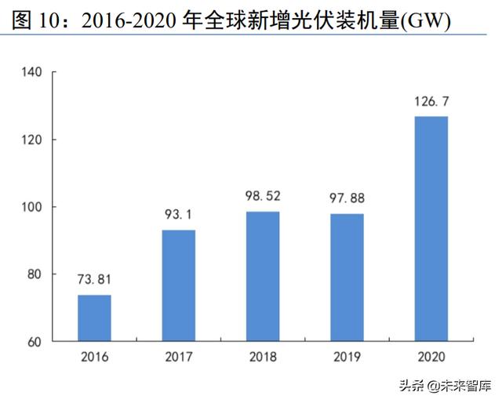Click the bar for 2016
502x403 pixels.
pos(94,318)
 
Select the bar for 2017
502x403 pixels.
pos(178,285)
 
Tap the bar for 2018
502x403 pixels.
pos(263,276)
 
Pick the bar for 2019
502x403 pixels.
pos(347,277)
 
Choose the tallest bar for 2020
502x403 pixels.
pos(431,228)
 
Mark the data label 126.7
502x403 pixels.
pos(431,102)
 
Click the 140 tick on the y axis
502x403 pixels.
pos(31,73)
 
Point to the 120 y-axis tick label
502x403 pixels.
pos(31,140)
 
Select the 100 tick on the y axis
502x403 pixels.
pos(31,207)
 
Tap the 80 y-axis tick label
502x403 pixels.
pos(34,274)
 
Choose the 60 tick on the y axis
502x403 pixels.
pos(34,342)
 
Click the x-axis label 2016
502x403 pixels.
pos(94,358)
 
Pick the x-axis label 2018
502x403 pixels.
pos(263,358)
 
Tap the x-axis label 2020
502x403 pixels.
pos(431,358)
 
